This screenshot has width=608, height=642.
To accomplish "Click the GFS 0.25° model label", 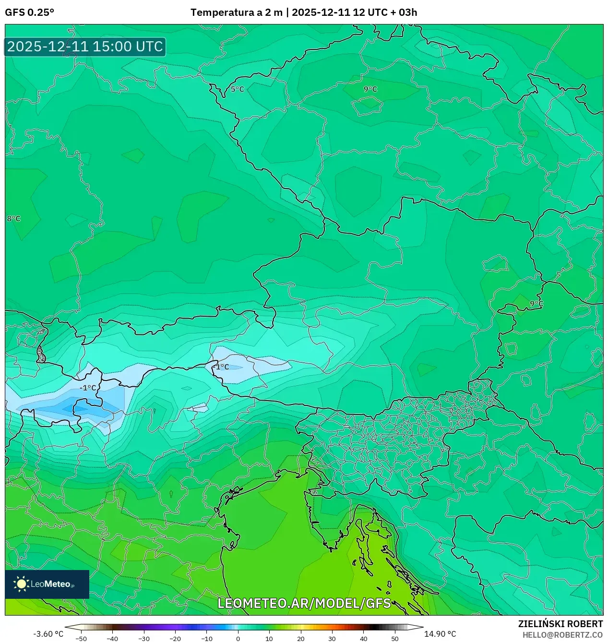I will (29, 12).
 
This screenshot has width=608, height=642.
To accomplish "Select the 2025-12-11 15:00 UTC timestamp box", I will (85, 47).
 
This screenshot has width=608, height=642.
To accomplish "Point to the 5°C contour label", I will (237, 89).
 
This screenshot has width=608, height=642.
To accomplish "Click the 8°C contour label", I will (13, 219).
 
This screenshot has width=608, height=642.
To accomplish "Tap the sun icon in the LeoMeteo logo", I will (21, 583).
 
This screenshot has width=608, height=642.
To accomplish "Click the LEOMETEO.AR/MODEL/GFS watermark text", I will (304, 603).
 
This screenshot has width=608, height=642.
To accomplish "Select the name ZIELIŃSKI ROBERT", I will (560, 624).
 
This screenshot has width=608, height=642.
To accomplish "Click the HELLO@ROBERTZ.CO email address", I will (562, 635).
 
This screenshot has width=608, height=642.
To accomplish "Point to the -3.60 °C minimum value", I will (48, 634).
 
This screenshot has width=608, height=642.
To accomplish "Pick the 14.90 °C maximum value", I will (440, 634).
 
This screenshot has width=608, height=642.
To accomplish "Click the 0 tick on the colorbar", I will (238, 639).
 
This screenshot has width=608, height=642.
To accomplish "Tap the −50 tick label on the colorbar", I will (82, 639).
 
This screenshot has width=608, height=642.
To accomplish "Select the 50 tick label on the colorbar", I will (394, 639).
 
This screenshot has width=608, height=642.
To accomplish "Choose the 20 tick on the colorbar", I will (301, 639).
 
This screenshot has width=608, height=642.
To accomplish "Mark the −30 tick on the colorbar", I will (144, 639).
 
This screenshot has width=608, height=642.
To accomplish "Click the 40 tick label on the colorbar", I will (363, 639).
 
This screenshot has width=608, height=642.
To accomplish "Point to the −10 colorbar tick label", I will (206, 639).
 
